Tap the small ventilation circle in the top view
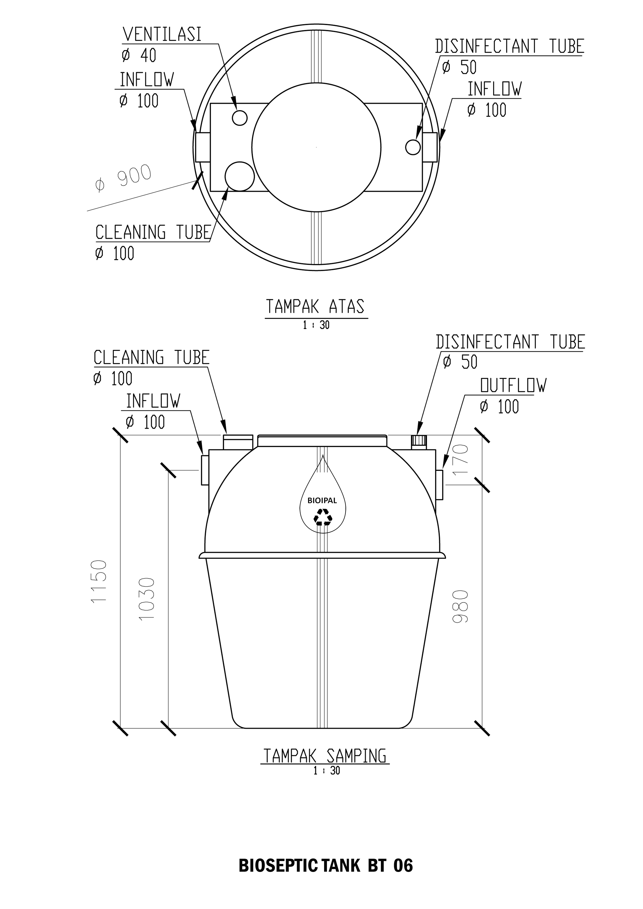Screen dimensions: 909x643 (240, 118)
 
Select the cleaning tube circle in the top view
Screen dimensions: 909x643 (239, 176)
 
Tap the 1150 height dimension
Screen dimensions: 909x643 (98, 581)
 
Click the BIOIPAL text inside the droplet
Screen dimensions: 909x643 (322, 500)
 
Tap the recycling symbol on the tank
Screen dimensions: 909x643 (323, 517)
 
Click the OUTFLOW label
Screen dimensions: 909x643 (513, 385)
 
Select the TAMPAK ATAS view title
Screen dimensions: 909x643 (315, 307)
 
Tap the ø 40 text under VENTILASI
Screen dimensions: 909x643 (139, 55)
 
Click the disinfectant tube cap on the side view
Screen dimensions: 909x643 (419, 442)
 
